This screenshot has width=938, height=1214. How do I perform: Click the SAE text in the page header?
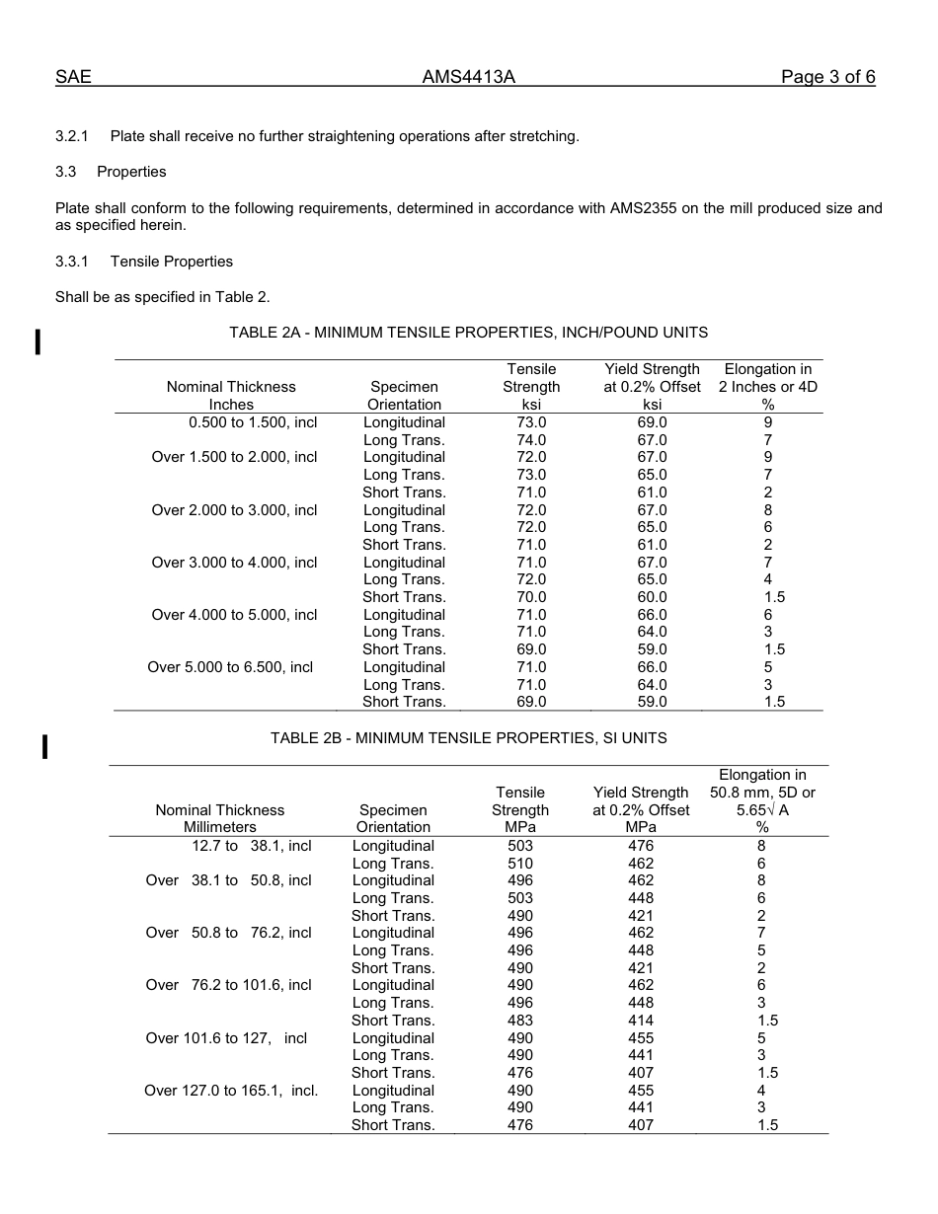coord(73,77)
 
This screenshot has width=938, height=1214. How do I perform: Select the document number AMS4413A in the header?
coord(469,77)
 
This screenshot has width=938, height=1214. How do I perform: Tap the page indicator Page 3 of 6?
coord(827,77)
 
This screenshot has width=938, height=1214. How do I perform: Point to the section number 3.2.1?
coord(72,136)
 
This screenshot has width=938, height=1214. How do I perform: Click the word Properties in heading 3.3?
coord(131,172)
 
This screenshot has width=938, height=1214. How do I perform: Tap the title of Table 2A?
coord(468,333)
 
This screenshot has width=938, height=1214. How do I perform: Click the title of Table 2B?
coord(468,738)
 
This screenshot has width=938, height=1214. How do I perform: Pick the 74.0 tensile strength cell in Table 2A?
coord(531,440)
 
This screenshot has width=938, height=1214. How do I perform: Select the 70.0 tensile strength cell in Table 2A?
coord(531,597)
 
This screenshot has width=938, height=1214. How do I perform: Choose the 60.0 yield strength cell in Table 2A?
coord(652,597)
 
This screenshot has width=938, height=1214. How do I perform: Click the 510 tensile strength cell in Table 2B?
coord(519,864)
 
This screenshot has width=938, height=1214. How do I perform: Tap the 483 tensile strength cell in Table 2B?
coord(519,1021)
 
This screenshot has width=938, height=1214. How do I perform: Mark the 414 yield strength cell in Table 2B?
coord(640,1021)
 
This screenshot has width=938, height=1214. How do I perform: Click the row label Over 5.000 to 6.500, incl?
coord(230,667)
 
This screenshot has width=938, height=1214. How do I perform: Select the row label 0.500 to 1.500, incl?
coord(253,422)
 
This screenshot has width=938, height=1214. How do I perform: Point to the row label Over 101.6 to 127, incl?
coord(226,1038)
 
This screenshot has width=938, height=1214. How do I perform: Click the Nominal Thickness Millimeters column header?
coord(220,818)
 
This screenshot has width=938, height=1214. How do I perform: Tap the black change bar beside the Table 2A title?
coord(38,341)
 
